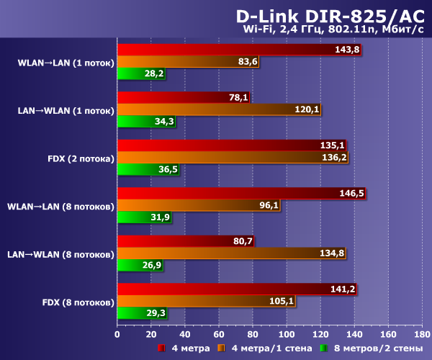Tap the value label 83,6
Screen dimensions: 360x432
coord(247,62)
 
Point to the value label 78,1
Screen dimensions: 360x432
coord(238,97)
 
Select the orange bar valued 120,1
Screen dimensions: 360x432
coord(219,109)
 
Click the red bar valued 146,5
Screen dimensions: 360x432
coord(241,193)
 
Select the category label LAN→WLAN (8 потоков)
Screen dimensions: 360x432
coord(60,253)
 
